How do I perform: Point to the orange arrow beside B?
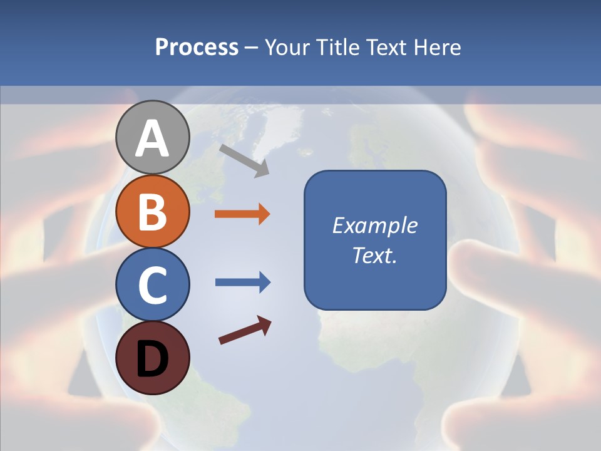pos(242,214)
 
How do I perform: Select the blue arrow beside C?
pos(242,283)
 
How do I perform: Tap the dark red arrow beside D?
pos(245,330)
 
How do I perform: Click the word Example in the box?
pos(375,225)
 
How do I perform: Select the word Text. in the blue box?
pos(374,255)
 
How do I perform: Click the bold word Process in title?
pos(197,47)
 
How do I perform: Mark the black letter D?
pos(152,359)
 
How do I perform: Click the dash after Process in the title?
pos(252,48)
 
